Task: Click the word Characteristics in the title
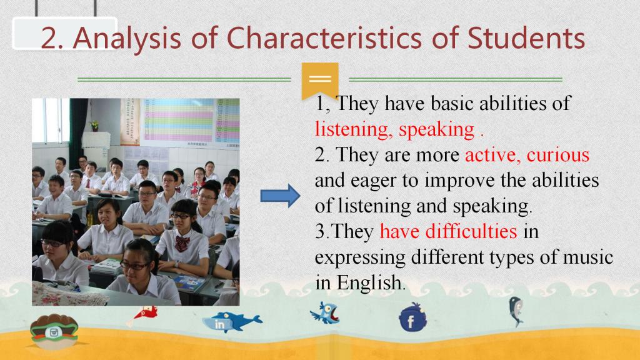[324, 37]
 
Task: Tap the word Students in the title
[526, 37]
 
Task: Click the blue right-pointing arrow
[280, 196]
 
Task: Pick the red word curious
[558, 155]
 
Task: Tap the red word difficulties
[471, 231]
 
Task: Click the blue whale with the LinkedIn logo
[232, 322]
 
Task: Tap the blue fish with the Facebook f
[412, 317]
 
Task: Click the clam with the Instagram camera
[54, 331]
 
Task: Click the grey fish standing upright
[516, 311]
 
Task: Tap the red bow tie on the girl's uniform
[182, 243]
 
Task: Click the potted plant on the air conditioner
[95, 126]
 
